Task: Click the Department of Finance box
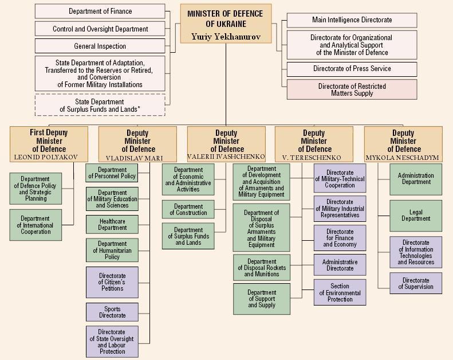[100, 11]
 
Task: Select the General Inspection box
[100, 46]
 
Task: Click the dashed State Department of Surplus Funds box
[100, 105]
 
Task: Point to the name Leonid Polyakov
[49, 156]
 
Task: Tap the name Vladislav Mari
[137, 158]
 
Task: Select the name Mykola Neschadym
[403, 157]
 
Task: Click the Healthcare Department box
[112, 224]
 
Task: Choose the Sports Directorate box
[112, 312]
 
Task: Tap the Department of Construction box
[188, 210]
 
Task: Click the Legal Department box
[416, 216]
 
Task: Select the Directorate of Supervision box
[416, 284]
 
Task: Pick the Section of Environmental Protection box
[340, 292]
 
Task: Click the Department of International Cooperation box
[36, 225]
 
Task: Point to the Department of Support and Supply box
[262, 299]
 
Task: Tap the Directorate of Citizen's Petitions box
[112, 281]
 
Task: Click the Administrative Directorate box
[340, 265]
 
